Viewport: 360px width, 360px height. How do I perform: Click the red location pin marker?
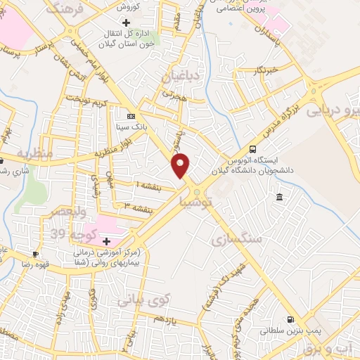click(x=181, y=166)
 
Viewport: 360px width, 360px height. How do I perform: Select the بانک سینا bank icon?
click(x=131, y=115)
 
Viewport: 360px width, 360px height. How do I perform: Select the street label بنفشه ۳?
click(x=138, y=209)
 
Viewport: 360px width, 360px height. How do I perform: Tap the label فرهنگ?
click(x=65, y=9)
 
